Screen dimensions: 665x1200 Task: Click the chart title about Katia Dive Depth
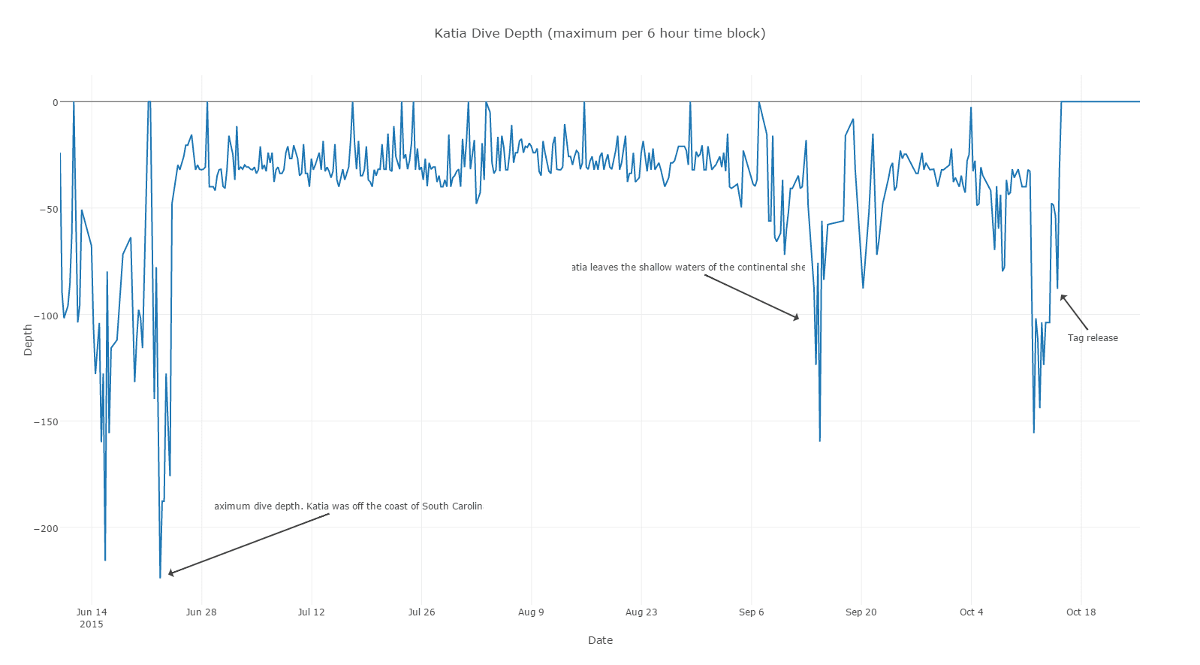coord(599,33)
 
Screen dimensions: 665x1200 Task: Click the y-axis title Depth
coord(29,340)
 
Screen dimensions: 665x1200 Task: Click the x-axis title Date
coord(600,640)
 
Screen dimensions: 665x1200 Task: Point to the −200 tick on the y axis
coord(45,528)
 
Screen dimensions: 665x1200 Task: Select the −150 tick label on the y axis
coord(45,422)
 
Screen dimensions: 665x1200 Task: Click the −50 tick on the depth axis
coord(48,209)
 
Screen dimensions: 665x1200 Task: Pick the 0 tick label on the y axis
coord(55,102)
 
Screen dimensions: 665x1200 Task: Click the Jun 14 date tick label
coord(92,612)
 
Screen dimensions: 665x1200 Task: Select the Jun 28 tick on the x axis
coord(201,612)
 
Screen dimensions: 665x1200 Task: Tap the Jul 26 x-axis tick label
coord(421,612)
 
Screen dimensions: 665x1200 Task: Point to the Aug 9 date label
coord(531,612)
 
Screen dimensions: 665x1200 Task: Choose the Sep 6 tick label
coord(751,612)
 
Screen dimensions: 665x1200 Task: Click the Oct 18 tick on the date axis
coord(1081,612)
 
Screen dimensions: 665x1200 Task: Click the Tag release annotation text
coord(1093,338)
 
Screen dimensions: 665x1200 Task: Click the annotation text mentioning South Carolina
coord(348,506)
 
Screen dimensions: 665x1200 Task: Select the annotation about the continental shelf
coord(688,268)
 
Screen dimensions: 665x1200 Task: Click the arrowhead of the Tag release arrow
coord(1061,296)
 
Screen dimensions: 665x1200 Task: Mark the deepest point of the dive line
coord(160,577)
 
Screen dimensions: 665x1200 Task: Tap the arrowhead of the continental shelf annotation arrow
coord(797,319)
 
